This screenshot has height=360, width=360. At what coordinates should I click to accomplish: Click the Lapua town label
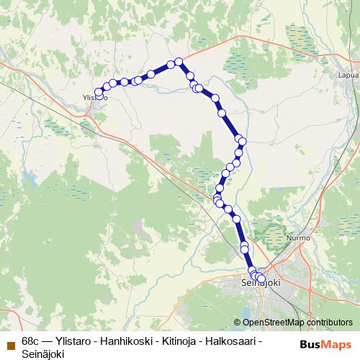tap(348, 74)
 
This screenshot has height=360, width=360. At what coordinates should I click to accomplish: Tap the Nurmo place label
tap(298, 238)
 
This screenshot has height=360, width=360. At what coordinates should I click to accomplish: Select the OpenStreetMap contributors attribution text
tap(297, 323)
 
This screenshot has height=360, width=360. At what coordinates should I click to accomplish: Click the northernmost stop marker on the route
tap(179, 62)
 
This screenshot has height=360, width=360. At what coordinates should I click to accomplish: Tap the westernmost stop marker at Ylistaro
tap(99, 92)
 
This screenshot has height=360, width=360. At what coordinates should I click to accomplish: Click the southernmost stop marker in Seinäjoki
tap(261, 279)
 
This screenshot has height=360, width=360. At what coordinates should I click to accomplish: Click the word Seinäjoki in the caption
tap(43, 354)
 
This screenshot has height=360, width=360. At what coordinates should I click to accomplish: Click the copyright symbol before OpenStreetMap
tap(238, 323)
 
